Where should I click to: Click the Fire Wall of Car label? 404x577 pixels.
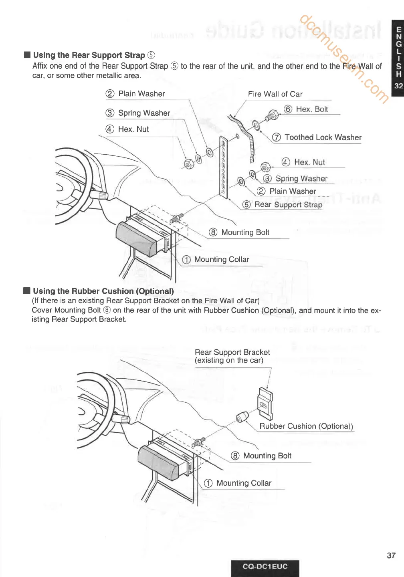tap(275, 94)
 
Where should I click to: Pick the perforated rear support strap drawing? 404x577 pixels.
tap(224, 166)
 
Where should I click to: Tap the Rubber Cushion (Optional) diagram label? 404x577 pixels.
tap(306, 426)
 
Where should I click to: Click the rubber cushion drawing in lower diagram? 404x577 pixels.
tap(242, 417)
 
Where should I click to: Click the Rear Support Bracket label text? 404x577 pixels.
tap(232, 356)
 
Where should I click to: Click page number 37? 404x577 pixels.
tap(391, 555)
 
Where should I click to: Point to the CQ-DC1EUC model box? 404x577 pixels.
tap(265, 567)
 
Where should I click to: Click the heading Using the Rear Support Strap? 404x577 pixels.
tap(89, 55)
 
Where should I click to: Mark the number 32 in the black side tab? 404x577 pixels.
tap(398, 86)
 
